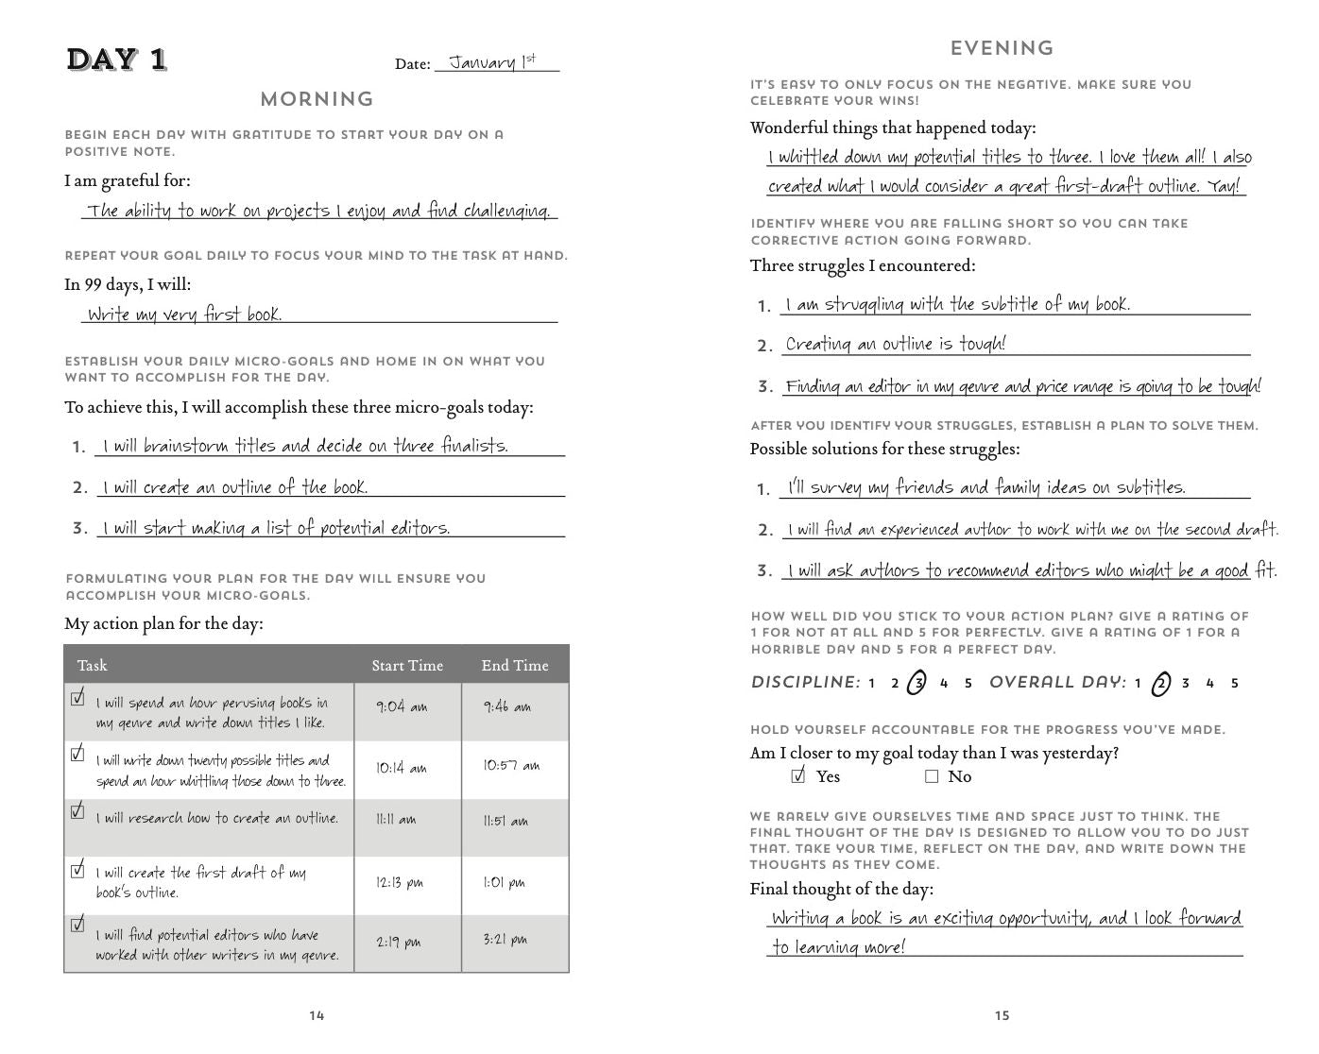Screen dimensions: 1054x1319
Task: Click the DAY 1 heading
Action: click(116, 59)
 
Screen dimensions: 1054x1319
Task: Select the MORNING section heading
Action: click(317, 98)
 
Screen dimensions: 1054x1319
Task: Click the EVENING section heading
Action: click(1002, 48)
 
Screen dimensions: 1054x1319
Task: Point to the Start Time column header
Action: click(407, 666)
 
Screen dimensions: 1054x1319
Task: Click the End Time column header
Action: click(514, 666)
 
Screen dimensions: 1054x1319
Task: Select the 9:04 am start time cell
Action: click(402, 706)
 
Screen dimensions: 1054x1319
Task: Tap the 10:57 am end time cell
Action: click(511, 766)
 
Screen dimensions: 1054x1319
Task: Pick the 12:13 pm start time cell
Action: click(400, 883)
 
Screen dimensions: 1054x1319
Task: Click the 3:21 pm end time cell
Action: click(505, 940)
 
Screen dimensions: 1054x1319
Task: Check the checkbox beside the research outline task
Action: click(77, 811)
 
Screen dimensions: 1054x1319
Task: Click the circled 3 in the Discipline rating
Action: click(916, 683)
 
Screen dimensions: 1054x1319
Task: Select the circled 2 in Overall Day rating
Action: click(1161, 683)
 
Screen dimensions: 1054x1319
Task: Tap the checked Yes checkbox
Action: click(798, 776)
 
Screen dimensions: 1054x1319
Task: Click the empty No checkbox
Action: click(932, 776)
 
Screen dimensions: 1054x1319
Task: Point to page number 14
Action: click(317, 1015)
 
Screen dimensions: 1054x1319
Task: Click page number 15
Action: click(1002, 1015)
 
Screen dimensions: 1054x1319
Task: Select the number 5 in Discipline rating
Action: click(968, 683)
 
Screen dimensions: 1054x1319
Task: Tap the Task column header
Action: click(93, 666)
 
